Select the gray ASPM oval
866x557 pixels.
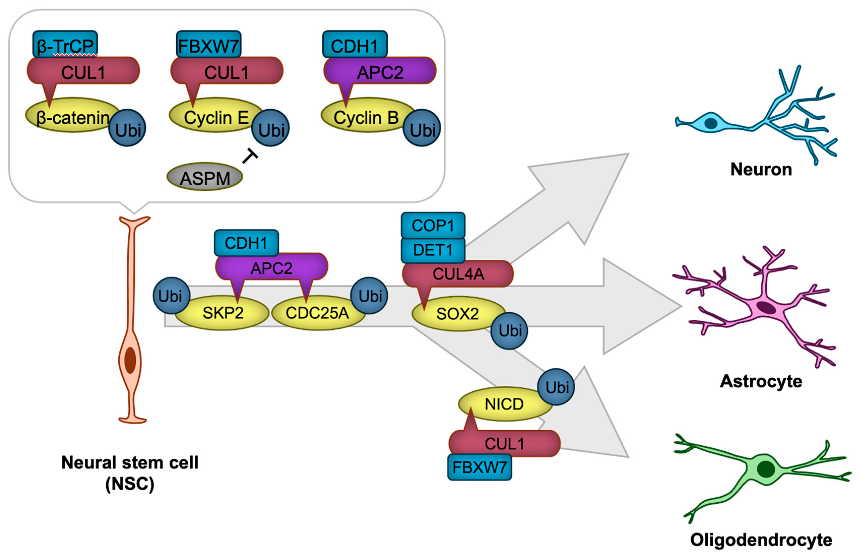[205, 177]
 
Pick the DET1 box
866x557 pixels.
[433, 250]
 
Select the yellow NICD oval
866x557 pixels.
[503, 404]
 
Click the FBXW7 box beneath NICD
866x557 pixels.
[479, 467]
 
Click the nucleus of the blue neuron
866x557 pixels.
[711, 123]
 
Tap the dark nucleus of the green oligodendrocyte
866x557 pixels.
[765, 469]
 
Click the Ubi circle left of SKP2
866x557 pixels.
[171, 296]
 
